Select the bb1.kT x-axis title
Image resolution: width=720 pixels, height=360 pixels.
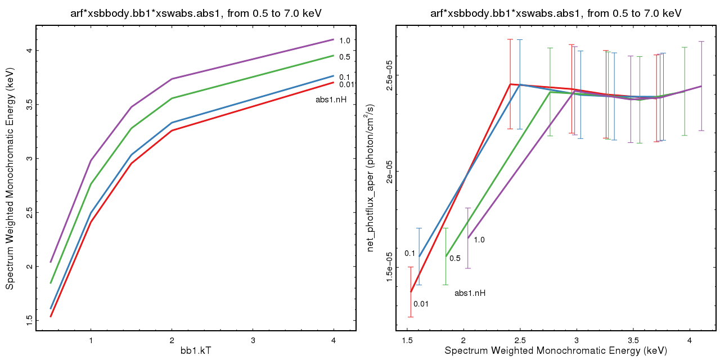tap(196, 350)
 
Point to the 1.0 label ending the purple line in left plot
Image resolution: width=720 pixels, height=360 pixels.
tap(345, 40)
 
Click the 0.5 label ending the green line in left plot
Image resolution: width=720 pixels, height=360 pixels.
tap(345, 57)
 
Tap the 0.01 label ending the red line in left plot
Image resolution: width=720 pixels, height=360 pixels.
tap(346, 85)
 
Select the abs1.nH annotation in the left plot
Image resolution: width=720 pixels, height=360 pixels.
tap(331, 100)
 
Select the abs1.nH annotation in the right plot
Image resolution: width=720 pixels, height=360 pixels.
tap(470, 293)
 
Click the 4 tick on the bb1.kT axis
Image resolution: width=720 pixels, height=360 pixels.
tap(334, 340)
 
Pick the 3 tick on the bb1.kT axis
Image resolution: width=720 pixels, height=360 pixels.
tap(253, 340)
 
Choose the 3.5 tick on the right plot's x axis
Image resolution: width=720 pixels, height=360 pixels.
tap(633, 340)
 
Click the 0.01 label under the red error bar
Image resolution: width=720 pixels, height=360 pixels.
tap(421, 304)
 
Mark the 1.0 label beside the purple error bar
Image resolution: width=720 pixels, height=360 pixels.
tap(479, 240)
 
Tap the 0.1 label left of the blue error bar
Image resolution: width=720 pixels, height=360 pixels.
tap(409, 253)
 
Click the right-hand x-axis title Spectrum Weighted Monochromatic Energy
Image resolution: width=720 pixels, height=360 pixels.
tap(555, 350)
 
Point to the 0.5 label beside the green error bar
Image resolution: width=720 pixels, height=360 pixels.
tap(454, 258)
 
